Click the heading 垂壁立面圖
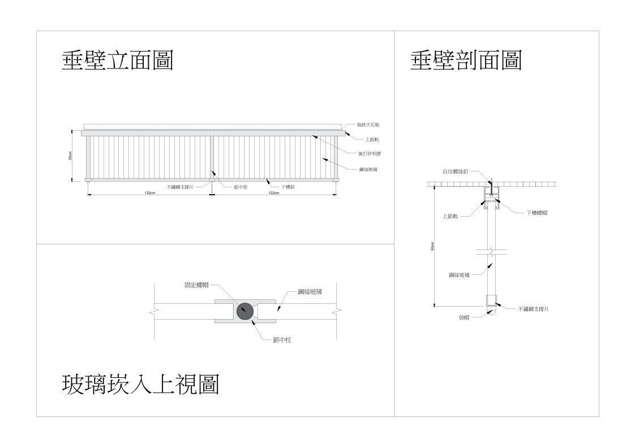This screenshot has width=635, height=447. tap(117, 61)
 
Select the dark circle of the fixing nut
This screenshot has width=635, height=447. tap(245, 311)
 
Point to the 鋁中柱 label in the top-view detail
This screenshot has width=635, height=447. tap(281, 339)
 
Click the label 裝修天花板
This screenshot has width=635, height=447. tap(368, 124)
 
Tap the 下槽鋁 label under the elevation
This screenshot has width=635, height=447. tap(287, 186)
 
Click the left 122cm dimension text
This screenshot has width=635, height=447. tap(150, 193)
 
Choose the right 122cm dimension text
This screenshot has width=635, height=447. tap(273, 193)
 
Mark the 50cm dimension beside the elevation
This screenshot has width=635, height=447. tap(70, 156)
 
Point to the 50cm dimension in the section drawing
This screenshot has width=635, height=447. tap(432, 247)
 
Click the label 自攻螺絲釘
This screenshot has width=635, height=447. tap(455, 170)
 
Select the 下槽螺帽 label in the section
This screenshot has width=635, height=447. tap(537, 213)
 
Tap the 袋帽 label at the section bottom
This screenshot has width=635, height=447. tap(464, 318)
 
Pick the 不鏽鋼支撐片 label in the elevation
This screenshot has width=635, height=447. tap(179, 186)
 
